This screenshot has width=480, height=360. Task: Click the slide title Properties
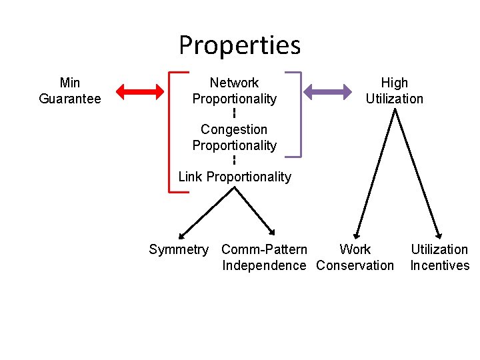pos(239,45)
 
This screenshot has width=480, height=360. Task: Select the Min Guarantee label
pos(70,91)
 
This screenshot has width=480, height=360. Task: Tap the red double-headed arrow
pos(141,91)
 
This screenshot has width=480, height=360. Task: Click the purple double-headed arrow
pos(328,91)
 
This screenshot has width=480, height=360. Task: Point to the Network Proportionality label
pos(234,91)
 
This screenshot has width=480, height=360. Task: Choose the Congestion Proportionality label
pos(234,137)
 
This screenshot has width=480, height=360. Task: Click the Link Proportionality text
pos(234,177)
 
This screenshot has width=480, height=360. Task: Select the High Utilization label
pos(394,91)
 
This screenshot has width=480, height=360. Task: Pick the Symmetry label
pos(178,249)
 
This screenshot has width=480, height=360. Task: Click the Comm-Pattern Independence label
pos(264,257)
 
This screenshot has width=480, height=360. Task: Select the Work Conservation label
pos(355,257)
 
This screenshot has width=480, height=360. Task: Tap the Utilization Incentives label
pos(439,257)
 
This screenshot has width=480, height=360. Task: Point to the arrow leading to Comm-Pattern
pos(254,211)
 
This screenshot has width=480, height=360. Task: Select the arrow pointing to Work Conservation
pos(375,173)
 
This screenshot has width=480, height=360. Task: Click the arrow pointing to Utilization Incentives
pos(417,173)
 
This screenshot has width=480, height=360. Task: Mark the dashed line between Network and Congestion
pos(234,113)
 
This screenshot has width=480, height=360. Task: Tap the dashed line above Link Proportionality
pos(234,160)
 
